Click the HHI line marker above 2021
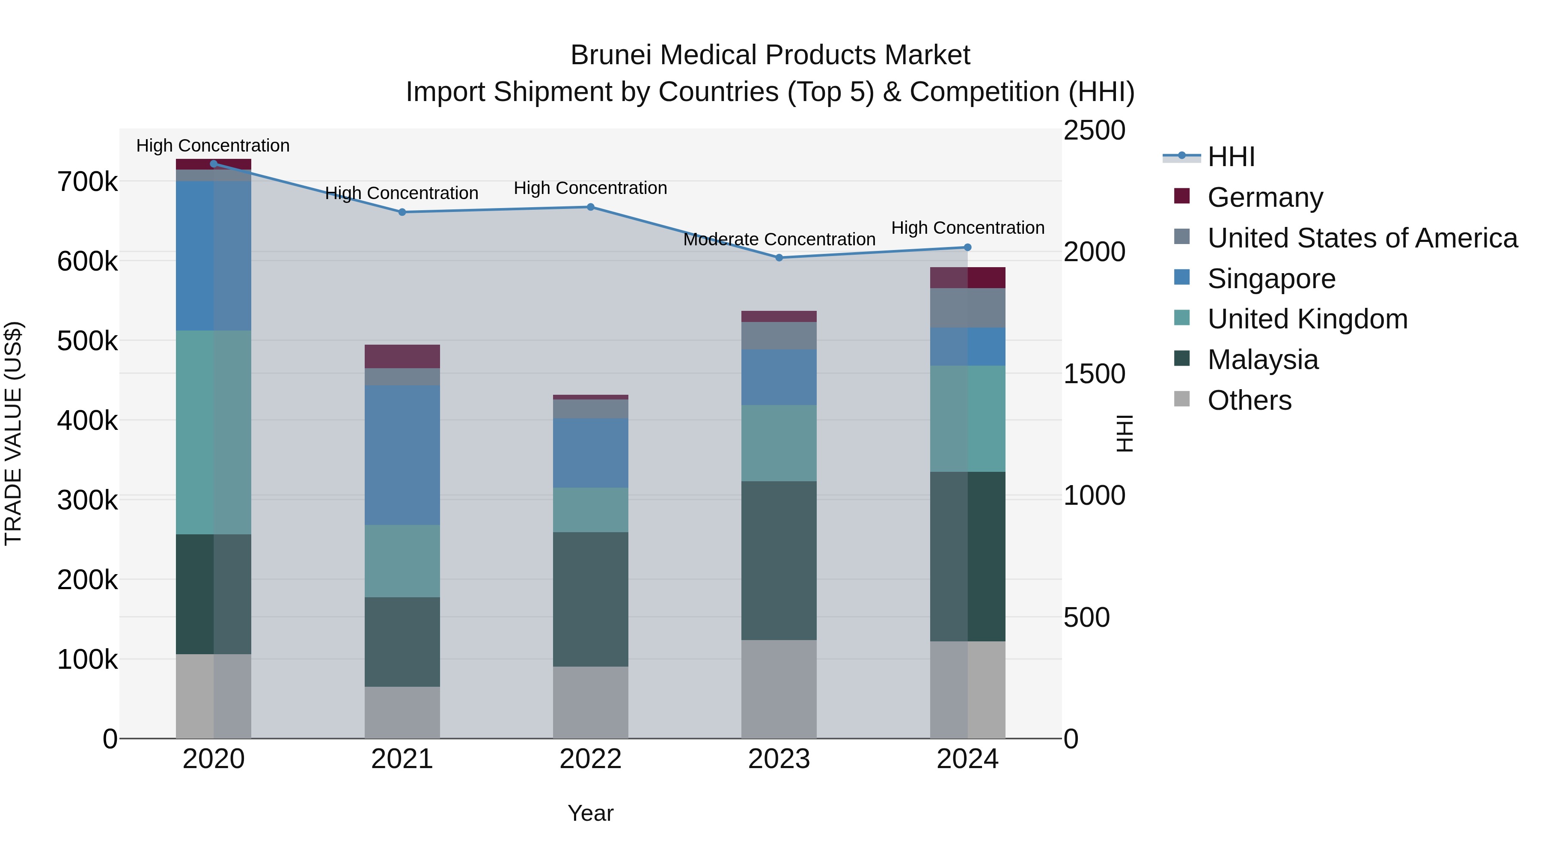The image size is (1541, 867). pos(402,212)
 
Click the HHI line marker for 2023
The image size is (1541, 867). pos(779,258)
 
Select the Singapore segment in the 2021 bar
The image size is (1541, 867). pos(402,455)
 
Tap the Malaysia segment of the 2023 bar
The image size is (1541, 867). pos(779,560)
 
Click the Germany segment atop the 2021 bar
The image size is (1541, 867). pos(402,356)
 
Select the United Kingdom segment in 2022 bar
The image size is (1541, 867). pos(590,510)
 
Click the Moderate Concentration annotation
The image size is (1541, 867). pos(779,239)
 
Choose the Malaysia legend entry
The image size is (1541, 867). pos(1262,360)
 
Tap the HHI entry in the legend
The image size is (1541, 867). pos(1231,157)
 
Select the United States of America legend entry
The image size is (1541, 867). pos(1362,238)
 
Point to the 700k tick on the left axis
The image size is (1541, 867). pos(87,182)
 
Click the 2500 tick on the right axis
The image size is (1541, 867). pos(1094,131)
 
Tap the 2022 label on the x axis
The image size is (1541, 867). pos(590,759)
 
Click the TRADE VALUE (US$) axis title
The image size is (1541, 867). pos(13,433)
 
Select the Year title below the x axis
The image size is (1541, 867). pos(590,813)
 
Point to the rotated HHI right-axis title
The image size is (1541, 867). pos(1125,433)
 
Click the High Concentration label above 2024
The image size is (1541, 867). pos(967,228)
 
